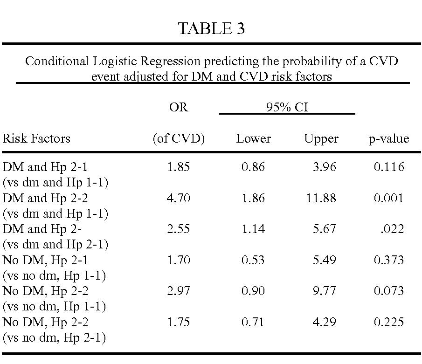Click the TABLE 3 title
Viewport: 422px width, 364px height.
211,28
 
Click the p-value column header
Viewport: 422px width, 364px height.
389,139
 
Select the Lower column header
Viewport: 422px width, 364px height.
253,138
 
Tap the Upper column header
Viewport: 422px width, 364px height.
321,139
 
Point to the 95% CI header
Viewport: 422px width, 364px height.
287,107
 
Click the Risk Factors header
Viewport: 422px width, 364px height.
36,138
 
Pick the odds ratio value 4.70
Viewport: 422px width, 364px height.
179,198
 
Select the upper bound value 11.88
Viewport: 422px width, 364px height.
321,198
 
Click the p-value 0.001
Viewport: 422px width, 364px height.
389,198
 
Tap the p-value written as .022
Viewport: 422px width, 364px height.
392,229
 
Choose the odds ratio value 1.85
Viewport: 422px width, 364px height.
179,167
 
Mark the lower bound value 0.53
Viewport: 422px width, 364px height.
253,260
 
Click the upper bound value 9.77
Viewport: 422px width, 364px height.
324,291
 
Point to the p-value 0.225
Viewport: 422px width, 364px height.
389,322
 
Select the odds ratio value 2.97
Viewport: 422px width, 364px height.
179,291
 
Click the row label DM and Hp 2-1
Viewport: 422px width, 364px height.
45,167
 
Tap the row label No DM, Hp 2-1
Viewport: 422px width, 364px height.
45,260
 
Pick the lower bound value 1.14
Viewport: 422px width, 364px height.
253,229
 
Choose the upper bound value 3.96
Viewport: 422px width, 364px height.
324,167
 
